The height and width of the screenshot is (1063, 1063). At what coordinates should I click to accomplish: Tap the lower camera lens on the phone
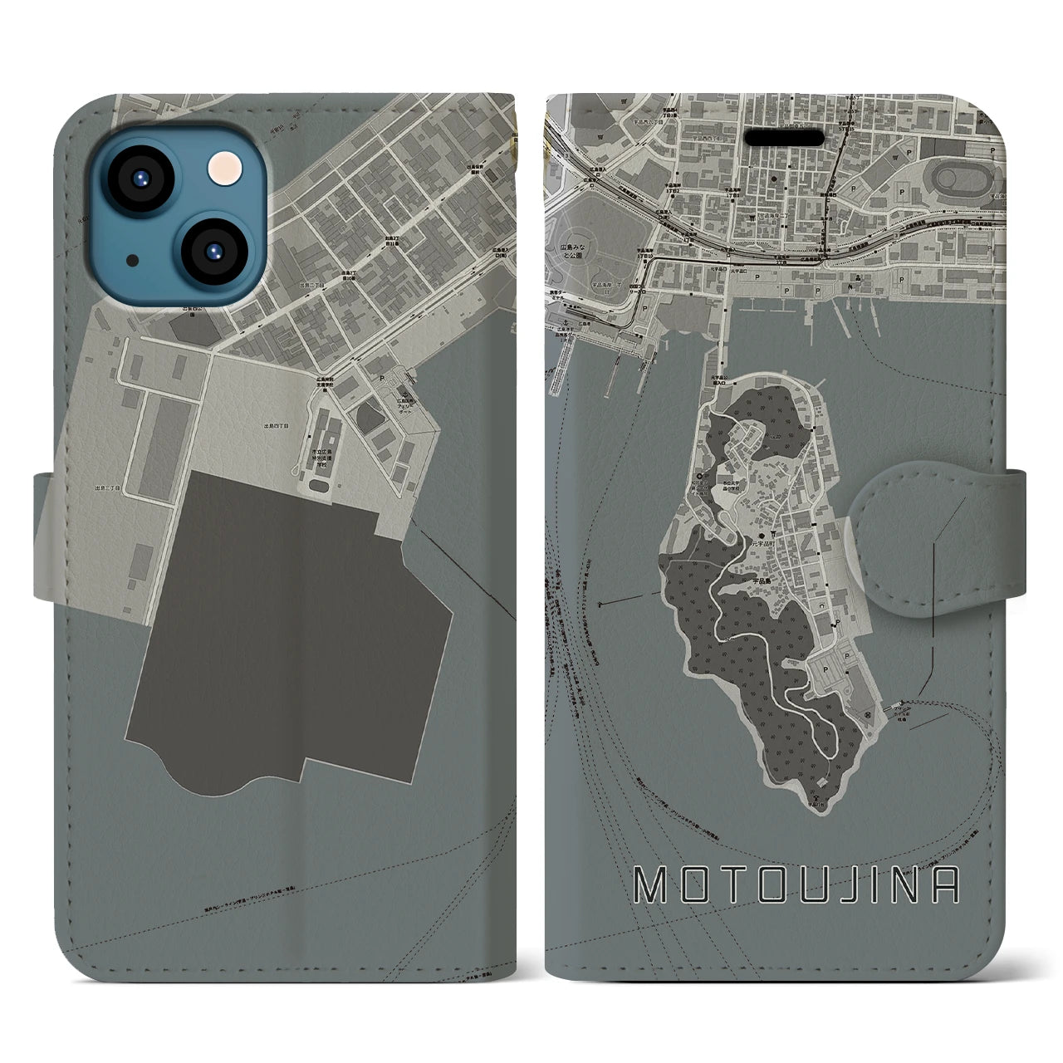[212, 251]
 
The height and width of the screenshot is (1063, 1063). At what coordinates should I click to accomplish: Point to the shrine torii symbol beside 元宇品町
[773, 534]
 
